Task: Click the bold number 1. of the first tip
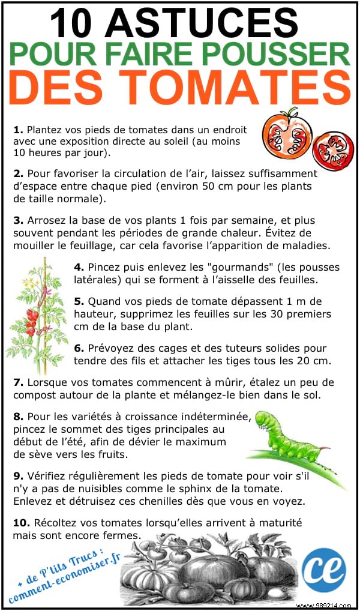click(18, 129)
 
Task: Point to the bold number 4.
click(79, 266)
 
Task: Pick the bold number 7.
click(18, 382)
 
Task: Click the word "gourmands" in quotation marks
click(204, 267)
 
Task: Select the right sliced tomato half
click(334, 150)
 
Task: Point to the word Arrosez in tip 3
click(46, 221)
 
